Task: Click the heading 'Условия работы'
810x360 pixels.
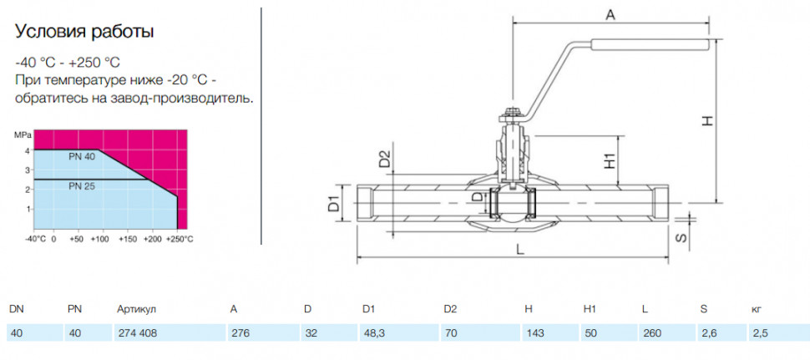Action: [84, 32]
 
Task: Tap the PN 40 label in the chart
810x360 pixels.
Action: [82, 156]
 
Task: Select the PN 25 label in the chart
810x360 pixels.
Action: [82, 186]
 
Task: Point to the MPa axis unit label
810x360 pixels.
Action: [23, 134]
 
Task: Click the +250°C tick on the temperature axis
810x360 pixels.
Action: [180, 240]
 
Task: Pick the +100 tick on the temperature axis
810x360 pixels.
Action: [102, 240]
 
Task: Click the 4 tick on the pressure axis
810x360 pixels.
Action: [28, 150]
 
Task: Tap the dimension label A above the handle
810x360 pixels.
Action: [610, 15]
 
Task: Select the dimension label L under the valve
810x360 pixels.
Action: [520, 250]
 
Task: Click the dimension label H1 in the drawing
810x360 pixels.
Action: [611, 161]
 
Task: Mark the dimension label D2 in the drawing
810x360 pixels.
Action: [385, 158]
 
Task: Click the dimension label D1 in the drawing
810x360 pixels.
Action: [334, 203]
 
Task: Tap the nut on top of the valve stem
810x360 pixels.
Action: [512, 113]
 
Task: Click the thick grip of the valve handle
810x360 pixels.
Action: [650, 45]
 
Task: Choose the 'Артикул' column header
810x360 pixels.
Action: [137, 309]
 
